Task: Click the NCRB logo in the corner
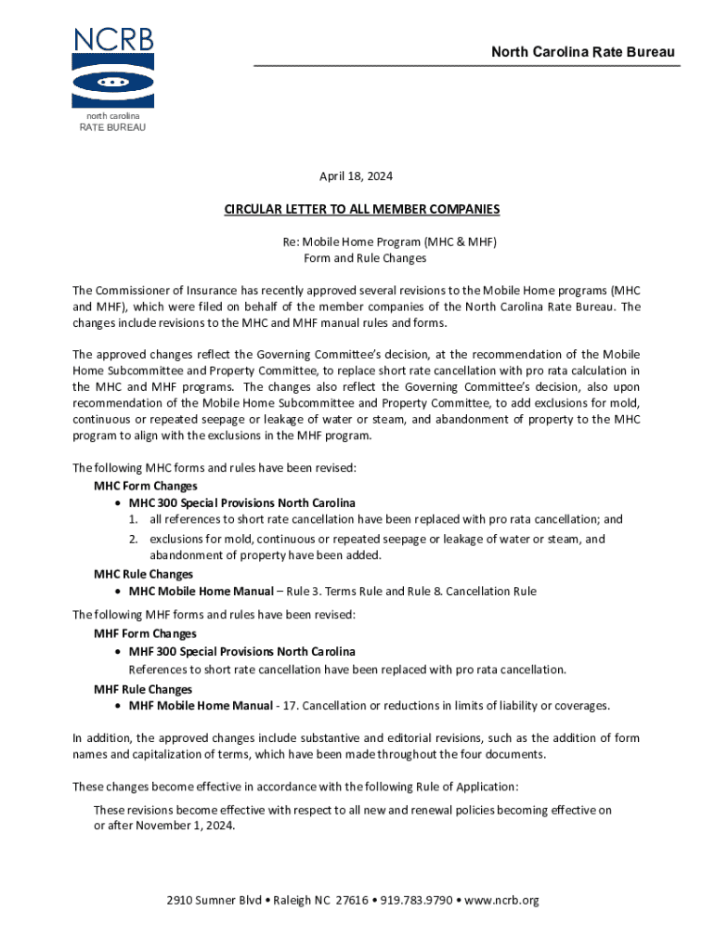pyautogui.click(x=112, y=69)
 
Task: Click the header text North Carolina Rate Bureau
pyautogui.click(x=583, y=52)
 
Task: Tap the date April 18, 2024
pyautogui.click(x=357, y=176)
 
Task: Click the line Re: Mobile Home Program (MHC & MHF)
pyautogui.click(x=390, y=241)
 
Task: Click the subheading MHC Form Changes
pyautogui.click(x=145, y=486)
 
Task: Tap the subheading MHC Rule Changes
pyautogui.click(x=143, y=574)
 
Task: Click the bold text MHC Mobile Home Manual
pyautogui.click(x=201, y=591)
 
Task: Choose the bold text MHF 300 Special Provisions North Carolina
pyautogui.click(x=241, y=651)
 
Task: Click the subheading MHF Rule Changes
pyautogui.click(x=143, y=689)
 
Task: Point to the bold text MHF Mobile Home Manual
pyautogui.click(x=201, y=706)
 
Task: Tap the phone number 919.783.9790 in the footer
pyautogui.click(x=415, y=900)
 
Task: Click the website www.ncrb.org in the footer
pyautogui.click(x=501, y=900)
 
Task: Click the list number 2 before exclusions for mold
pyautogui.click(x=134, y=540)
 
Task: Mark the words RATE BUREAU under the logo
pyautogui.click(x=112, y=127)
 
